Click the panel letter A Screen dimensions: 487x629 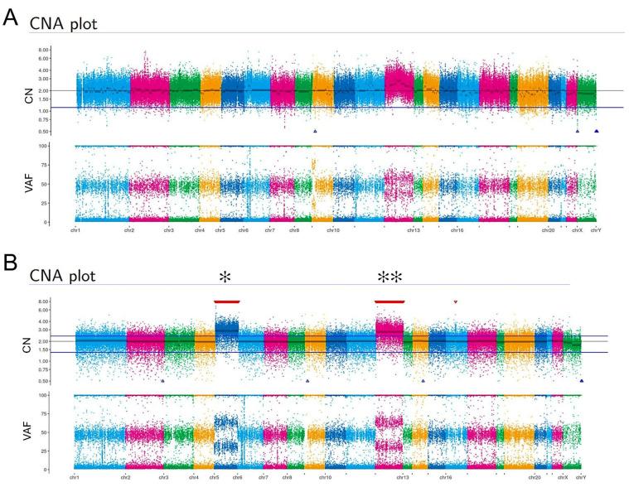pos(11,16)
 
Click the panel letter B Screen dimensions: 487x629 pos(11,264)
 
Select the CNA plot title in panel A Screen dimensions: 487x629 pos(63,24)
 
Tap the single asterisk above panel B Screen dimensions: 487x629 pos(225,277)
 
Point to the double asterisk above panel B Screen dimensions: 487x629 pos(389,277)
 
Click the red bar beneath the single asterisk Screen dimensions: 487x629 pos(226,302)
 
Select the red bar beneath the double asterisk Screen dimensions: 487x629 pos(389,302)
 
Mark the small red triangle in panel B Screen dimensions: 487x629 pos(455,302)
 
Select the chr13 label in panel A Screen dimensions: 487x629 pos(413,230)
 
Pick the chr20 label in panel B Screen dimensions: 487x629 pos(535,478)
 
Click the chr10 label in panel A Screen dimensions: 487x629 pos(332,230)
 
